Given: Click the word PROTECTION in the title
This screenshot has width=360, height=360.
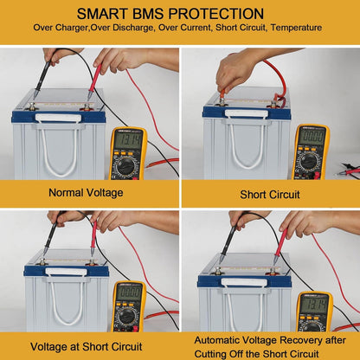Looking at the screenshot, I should click(x=222, y=14).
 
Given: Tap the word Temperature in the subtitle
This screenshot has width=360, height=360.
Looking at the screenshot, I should click(x=299, y=28).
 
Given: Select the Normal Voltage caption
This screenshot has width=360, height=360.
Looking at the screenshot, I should click(x=89, y=192).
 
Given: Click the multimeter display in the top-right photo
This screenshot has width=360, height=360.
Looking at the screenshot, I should click(x=311, y=136).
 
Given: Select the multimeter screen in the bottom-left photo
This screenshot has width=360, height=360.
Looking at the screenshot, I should click(x=129, y=292).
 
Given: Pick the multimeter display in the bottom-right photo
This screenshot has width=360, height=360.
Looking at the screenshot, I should click(x=314, y=304).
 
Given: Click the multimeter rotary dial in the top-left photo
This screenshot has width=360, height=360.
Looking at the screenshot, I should click(x=128, y=163).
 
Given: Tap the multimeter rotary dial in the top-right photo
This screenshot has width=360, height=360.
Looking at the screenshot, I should click(x=310, y=159).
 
